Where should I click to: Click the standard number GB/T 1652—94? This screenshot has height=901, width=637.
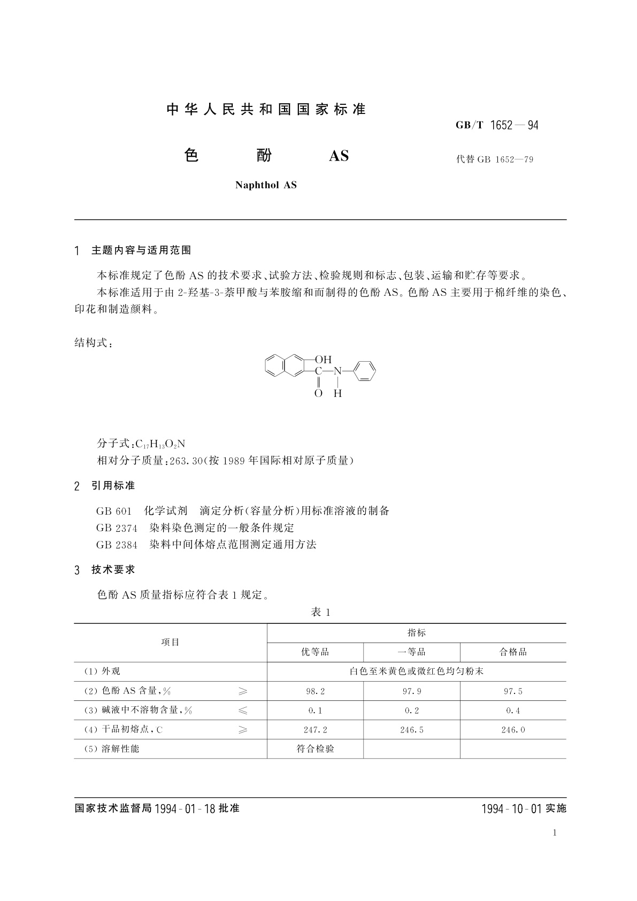pyautogui.click(x=497, y=125)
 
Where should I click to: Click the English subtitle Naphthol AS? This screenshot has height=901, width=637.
pyautogui.click(x=266, y=185)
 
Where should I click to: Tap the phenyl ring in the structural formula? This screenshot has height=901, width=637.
pyautogui.click(x=365, y=370)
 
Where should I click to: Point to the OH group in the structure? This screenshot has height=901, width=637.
pyautogui.click(x=323, y=360)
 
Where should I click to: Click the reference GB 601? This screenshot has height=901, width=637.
pyautogui.click(x=113, y=511)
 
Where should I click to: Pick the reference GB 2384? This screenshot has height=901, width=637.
pyautogui.click(x=117, y=545)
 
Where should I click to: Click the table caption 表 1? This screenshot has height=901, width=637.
pyautogui.click(x=320, y=612)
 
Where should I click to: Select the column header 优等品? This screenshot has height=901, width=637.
pyautogui.click(x=315, y=652)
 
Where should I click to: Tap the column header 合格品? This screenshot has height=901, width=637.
pyautogui.click(x=513, y=652)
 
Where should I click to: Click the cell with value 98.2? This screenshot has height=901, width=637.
pyautogui.click(x=315, y=691)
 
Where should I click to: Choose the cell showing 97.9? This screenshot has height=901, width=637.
pyautogui.click(x=411, y=691)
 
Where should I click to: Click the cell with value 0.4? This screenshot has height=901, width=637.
pyautogui.click(x=513, y=711)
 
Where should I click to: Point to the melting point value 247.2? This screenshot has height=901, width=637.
pyautogui.click(x=315, y=730)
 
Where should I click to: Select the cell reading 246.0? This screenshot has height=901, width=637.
pyautogui.click(x=513, y=730)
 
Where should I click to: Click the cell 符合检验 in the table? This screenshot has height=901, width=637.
pyautogui.click(x=315, y=749)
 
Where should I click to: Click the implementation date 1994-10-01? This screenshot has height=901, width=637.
pyautogui.click(x=512, y=808)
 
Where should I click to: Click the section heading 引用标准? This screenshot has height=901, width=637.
pyautogui.click(x=113, y=486)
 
